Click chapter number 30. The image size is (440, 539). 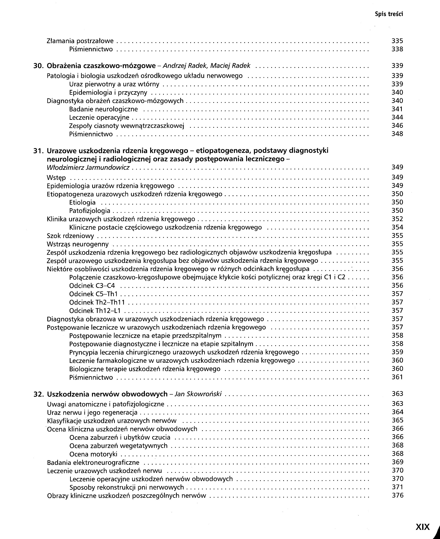39,66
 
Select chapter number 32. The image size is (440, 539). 39,394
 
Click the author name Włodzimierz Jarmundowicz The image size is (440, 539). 88,167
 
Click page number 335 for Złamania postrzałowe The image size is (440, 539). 397,41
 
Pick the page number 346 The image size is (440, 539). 397,125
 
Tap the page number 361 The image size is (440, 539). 397,377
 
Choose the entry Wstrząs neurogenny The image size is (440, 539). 78,244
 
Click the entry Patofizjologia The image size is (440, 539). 90,211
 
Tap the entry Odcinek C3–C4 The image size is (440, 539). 92,286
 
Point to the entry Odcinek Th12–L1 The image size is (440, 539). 95,311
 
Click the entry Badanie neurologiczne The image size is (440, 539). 103,109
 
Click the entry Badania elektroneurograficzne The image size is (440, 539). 93,462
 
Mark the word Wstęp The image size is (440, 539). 56,178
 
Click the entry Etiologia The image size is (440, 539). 82,202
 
